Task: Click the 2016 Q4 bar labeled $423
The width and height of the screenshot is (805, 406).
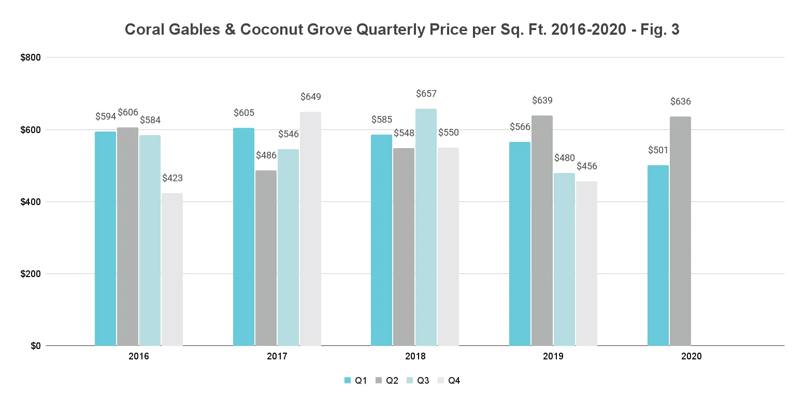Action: [x=172, y=269]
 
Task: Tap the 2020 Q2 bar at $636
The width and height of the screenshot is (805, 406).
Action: [x=680, y=231]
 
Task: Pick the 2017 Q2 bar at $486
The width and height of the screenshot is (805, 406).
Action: [x=266, y=258]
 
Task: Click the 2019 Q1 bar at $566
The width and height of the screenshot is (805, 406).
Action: [x=520, y=243]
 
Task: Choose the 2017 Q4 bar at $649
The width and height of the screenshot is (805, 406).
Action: [x=310, y=228]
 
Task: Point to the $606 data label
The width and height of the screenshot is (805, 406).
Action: [x=128, y=112]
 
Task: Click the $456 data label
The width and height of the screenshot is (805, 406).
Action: [x=587, y=166]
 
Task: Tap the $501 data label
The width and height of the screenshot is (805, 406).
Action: [x=658, y=150]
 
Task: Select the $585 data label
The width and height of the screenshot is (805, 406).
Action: [x=382, y=120]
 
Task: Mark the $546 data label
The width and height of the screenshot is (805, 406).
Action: [x=289, y=134]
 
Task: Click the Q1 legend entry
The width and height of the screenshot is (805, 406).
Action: [x=356, y=381]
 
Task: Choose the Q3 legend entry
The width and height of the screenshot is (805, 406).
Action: [x=418, y=381]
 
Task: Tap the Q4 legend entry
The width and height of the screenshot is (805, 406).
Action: [x=449, y=381]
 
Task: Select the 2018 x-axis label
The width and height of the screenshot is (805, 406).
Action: [x=415, y=357]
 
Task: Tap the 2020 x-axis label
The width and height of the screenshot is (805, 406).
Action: [x=691, y=357]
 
